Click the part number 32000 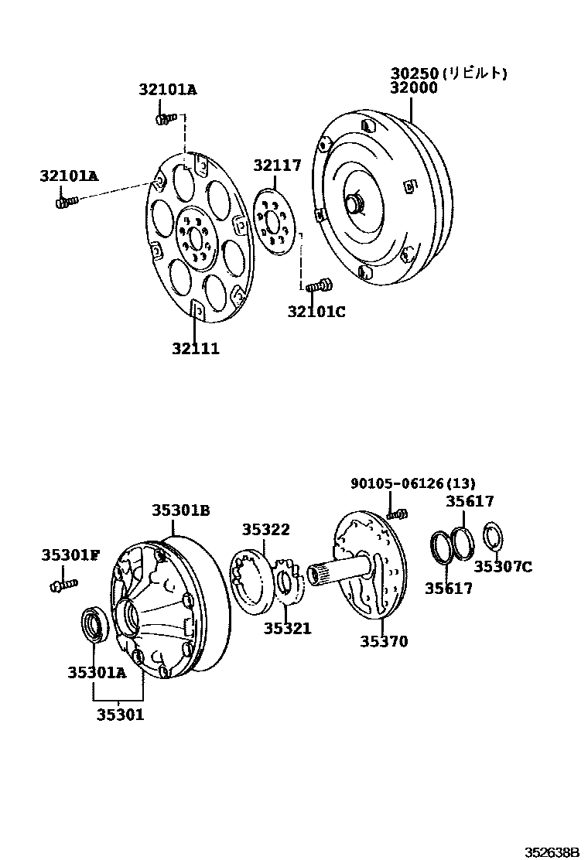(414, 88)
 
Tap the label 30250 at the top (414, 73)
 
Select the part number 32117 (277, 166)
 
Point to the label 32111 (196, 349)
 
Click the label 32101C (316, 312)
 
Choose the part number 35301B (181, 510)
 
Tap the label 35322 (265, 530)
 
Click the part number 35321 (287, 629)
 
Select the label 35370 (384, 641)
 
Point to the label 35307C (503, 567)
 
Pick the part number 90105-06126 (397, 483)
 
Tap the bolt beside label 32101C (318, 286)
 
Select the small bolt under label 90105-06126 (398, 512)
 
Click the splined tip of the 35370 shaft (318, 575)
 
